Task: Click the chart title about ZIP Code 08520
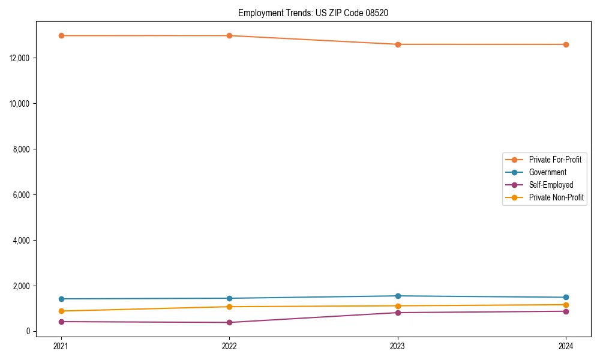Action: (313, 13)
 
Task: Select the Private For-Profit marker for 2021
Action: (61, 35)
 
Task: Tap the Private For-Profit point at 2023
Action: (398, 44)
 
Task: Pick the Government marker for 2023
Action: (398, 296)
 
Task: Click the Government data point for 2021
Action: (61, 299)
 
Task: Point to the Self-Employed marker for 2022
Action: (229, 323)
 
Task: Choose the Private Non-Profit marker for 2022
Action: (229, 307)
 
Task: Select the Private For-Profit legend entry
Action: (554, 160)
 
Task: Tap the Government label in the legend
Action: (547, 172)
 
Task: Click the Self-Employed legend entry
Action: (551, 185)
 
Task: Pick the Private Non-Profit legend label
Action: (556, 197)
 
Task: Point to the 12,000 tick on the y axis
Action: (20, 58)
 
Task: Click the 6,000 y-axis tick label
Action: (22, 194)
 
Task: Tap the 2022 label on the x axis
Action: (229, 346)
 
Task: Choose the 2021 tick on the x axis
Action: (61, 346)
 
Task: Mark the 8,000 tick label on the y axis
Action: (22, 149)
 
